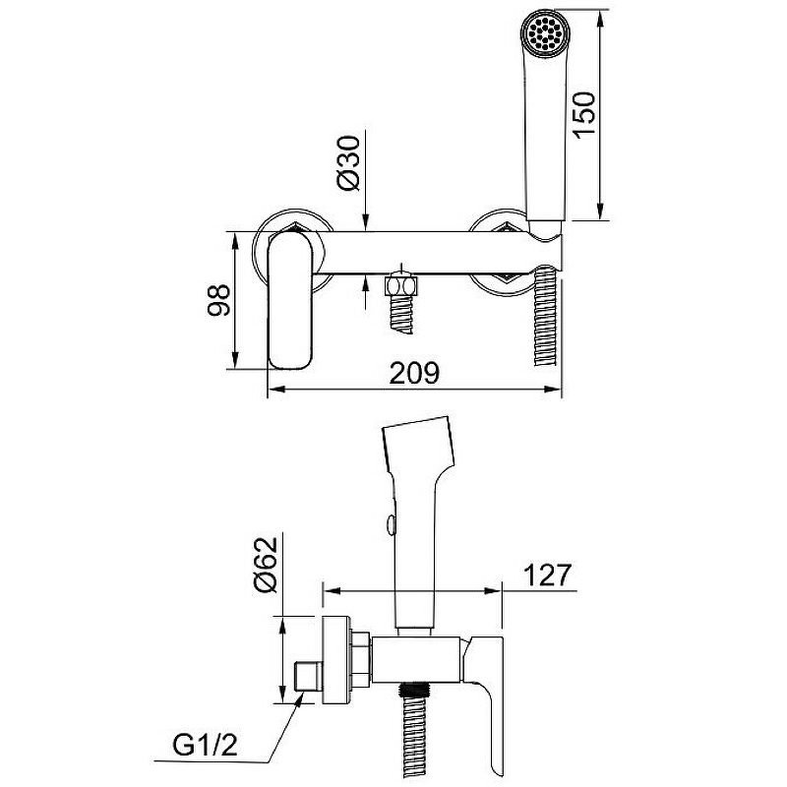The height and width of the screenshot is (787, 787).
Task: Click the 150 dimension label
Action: point(584,115)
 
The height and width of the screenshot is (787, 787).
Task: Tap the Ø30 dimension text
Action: point(349,163)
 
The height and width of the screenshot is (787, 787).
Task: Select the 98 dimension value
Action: point(218,300)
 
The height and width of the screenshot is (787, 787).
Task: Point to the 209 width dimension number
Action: point(414,373)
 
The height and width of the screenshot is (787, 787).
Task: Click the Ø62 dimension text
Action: point(266,565)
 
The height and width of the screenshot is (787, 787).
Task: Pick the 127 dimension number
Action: point(548,575)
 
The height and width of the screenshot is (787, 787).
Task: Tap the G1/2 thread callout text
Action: point(206,746)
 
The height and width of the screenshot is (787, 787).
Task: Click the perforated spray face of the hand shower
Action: point(546,32)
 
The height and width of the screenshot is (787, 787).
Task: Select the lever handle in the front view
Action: point(291,300)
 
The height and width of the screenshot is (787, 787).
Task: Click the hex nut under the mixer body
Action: point(400,286)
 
